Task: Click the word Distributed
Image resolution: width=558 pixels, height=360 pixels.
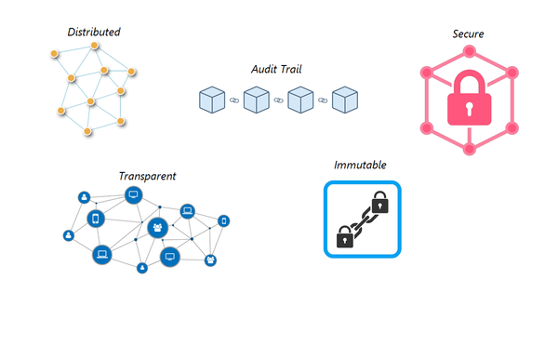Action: click(x=94, y=33)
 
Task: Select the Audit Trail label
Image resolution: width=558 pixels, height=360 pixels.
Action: click(x=277, y=70)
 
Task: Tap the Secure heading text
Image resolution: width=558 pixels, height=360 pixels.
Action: click(x=467, y=34)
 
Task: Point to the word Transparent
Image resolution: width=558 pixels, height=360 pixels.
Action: click(x=147, y=176)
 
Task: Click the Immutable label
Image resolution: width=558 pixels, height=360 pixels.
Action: click(x=361, y=166)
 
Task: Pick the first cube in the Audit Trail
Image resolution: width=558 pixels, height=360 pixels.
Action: click(x=212, y=100)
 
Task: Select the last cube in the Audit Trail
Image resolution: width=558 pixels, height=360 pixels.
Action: click(x=346, y=100)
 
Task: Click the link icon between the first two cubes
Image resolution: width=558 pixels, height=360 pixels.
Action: click(x=234, y=100)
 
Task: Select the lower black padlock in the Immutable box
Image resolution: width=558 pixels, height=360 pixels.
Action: click(x=344, y=236)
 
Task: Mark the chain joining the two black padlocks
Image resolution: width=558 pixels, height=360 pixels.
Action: click(x=361, y=220)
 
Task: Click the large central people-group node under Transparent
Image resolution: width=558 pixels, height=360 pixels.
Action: click(x=157, y=228)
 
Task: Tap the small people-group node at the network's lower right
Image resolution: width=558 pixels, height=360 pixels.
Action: click(x=210, y=260)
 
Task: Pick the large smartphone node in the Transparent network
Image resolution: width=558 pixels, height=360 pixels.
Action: click(x=95, y=219)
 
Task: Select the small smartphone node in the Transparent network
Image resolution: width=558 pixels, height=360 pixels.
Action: click(x=223, y=220)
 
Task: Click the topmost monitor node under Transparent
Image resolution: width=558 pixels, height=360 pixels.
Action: click(x=133, y=195)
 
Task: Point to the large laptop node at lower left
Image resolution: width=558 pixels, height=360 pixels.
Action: click(x=101, y=253)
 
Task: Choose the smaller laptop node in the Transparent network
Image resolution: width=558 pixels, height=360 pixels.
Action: click(x=187, y=210)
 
